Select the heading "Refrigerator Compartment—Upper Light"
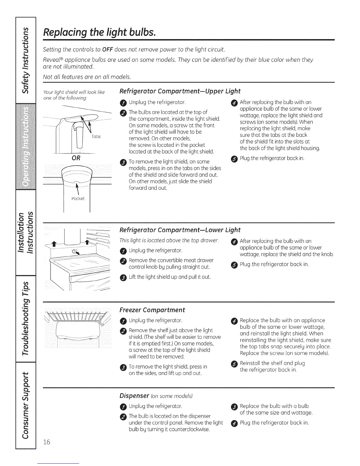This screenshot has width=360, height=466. click(x=180, y=91)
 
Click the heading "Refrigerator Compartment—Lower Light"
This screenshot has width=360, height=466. click(x=180, y=230)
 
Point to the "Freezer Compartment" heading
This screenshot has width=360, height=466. click(x=152, y=310)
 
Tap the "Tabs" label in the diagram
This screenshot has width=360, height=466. click(x=96, y=137)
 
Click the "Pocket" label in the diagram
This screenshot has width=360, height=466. click(x=78, y=199)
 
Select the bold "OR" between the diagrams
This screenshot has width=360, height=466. click(x=76, y=158)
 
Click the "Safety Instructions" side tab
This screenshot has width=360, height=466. click(x=27, y=59)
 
